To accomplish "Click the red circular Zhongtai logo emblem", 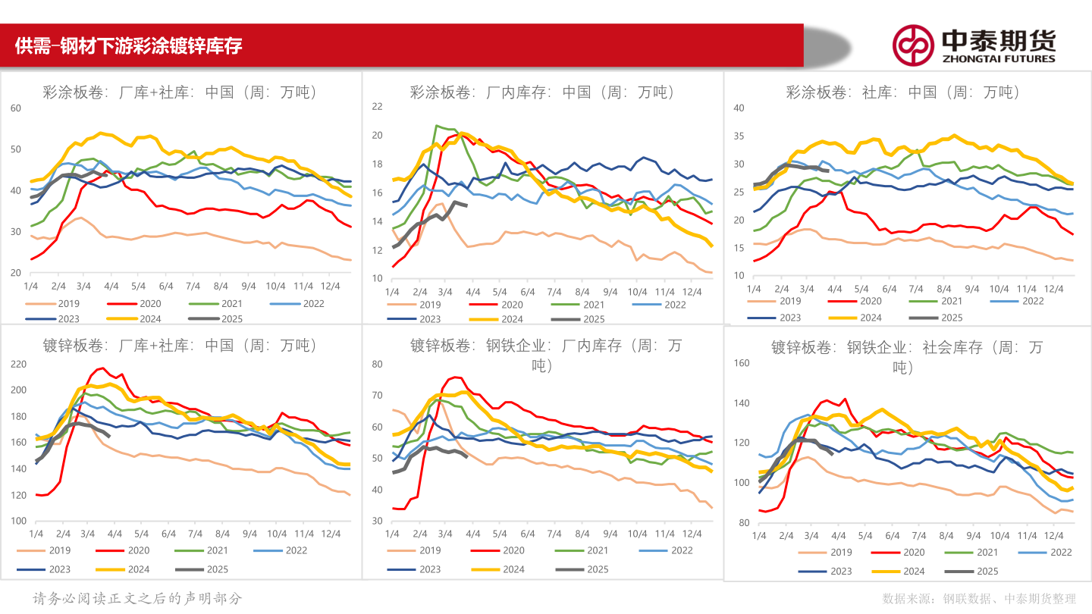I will (912, 45).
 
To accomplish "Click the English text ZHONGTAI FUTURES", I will (998, 58).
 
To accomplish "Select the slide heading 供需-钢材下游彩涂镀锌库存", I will (129, 45).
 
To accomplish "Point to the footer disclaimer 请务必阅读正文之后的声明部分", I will (138, 598).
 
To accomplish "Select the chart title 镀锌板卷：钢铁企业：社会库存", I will (907, 348).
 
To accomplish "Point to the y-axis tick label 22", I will (376, 106).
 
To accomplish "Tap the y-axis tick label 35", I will (739, 136).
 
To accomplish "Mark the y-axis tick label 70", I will (376, 395).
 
